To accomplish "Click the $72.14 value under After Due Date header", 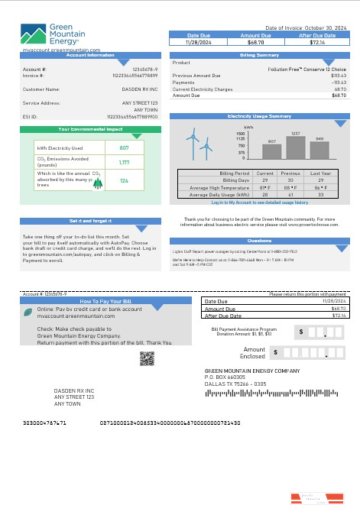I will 317,41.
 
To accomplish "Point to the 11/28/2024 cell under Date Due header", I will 198,41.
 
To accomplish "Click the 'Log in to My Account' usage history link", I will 259,202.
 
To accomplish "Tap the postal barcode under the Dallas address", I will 245,394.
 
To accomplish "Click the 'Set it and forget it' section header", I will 90,220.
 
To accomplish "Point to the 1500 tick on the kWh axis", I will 241,133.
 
